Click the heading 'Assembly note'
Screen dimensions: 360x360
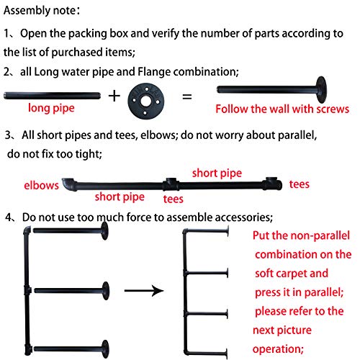point(40,11)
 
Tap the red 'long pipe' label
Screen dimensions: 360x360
point(51,108)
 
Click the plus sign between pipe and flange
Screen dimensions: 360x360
point(114,96)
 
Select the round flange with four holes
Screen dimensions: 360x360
point(146,101)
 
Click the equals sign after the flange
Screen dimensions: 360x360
point(187,97)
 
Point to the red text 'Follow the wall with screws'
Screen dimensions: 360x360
point(282,109)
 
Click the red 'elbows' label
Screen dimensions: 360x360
point(41,186)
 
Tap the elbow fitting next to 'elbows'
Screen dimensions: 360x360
point(69,184)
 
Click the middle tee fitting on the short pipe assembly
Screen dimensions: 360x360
point(171,184)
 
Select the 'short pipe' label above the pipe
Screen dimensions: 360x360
point(217,174)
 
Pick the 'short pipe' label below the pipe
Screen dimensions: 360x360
point(120,197)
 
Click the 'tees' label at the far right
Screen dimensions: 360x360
point(300,184)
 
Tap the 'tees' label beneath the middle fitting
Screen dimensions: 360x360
point(174,199)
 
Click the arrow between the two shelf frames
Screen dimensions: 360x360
point(144,291)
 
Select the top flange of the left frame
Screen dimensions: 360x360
point(104,231)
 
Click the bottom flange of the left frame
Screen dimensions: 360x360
point(105,349)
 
